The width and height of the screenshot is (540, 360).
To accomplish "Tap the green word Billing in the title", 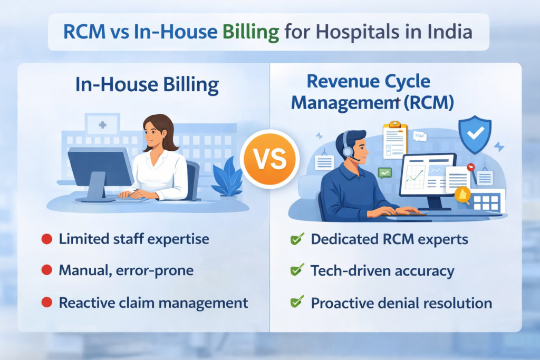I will coord(250,32).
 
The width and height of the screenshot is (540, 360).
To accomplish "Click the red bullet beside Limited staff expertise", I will coord(46,239).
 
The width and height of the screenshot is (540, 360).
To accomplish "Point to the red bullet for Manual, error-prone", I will coord(46,271).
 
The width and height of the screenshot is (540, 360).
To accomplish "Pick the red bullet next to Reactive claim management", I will coord(46,303).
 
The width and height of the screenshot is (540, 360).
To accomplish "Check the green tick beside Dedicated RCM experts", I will coord(297,239).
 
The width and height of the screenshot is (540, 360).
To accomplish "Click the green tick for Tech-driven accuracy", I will coord(297,271).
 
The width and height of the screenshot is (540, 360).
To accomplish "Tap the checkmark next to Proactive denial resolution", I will coord(297,303).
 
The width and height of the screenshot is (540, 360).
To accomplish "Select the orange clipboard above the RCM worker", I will coord(395,140).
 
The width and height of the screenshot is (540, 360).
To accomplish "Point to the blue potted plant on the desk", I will coord(226,179).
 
